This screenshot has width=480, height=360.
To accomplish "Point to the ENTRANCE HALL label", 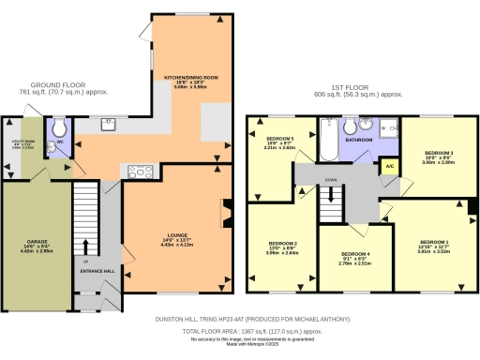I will (102, 271).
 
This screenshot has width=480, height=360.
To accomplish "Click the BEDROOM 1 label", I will (434, 243).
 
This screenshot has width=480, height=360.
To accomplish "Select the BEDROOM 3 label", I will (439, 153).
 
